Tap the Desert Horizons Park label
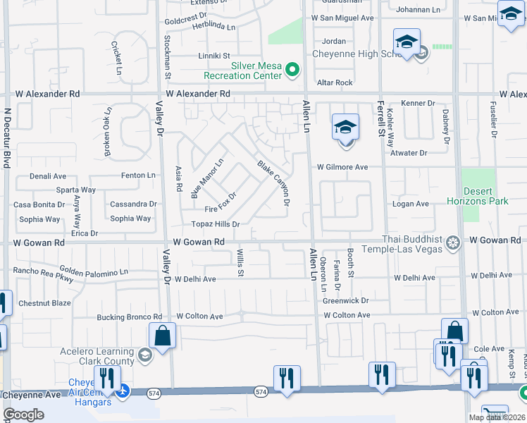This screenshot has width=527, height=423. click(476, 196)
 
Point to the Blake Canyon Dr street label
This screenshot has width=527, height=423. click(273, 183)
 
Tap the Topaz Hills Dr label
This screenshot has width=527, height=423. click(216, 224)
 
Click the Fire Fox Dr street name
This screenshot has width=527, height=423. click(221, 203)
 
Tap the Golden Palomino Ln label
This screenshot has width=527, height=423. click(94, 271)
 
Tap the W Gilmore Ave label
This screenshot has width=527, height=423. click(342, 167)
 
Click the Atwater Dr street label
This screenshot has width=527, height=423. click(409, 152)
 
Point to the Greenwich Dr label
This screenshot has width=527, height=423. click(346, 300)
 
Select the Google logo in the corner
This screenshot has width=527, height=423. click(23, 415)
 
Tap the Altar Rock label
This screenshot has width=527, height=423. click(335, 82)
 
